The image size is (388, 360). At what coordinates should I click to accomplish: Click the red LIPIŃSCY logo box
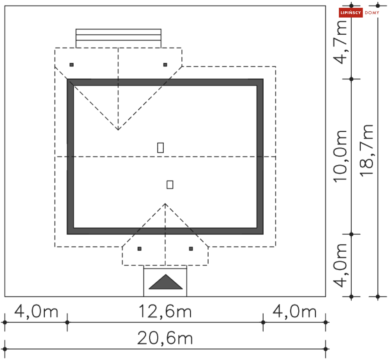(351, 12)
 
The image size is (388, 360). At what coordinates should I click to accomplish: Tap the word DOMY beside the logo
(372, 12)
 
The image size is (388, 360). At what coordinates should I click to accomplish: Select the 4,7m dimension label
(340, 42)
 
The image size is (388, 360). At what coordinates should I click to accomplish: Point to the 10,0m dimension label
(340, 157)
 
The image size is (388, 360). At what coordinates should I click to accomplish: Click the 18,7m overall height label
(367, 150)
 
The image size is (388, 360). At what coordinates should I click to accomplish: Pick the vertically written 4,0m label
(340, 266)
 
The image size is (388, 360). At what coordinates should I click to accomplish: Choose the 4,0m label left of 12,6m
(36, 311)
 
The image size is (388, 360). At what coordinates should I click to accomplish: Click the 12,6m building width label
(165, 311)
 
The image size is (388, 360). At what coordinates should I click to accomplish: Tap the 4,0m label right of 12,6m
(294, 311)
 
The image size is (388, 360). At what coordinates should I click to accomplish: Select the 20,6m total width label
(165, 338)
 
